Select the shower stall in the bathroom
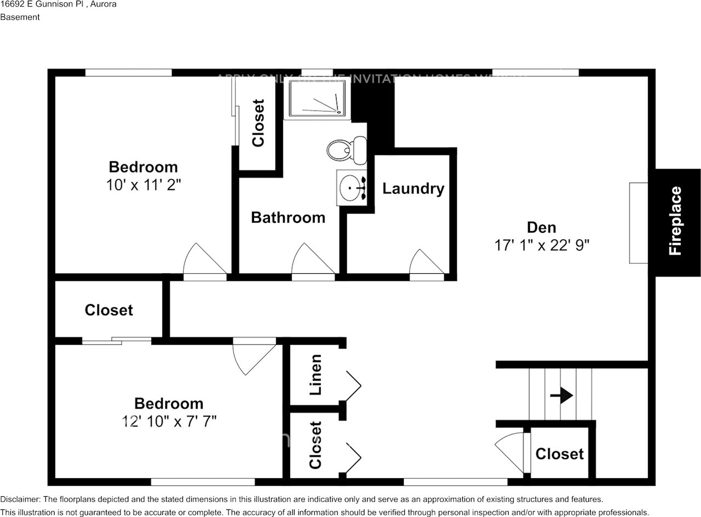[317, 99]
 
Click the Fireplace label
[675, 221]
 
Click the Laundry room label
[413, 189]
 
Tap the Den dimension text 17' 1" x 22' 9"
[542, 245]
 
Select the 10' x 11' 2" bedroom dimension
[143, 185]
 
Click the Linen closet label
[315, 375]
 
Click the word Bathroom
[288, 217]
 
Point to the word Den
[541, 227]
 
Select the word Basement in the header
[20, 17]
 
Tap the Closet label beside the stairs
[559, 454]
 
